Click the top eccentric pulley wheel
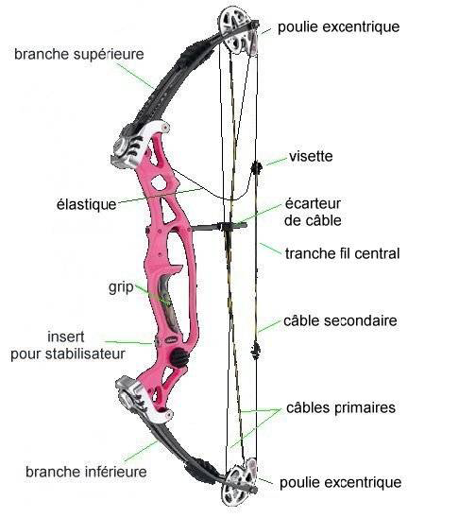238,31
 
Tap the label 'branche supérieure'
79,55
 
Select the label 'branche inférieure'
86,472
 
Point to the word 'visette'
311,156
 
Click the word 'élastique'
87,204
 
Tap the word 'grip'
121,287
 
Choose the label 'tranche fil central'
342,253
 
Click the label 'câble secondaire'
340,320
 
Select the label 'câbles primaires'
341,407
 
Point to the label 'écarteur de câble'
313,212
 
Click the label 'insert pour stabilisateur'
68,345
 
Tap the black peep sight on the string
256,168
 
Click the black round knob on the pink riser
179,357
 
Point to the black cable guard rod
219,227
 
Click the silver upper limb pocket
140,144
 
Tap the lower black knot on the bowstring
255,351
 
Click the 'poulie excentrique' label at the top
338,27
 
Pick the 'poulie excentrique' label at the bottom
341,483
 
